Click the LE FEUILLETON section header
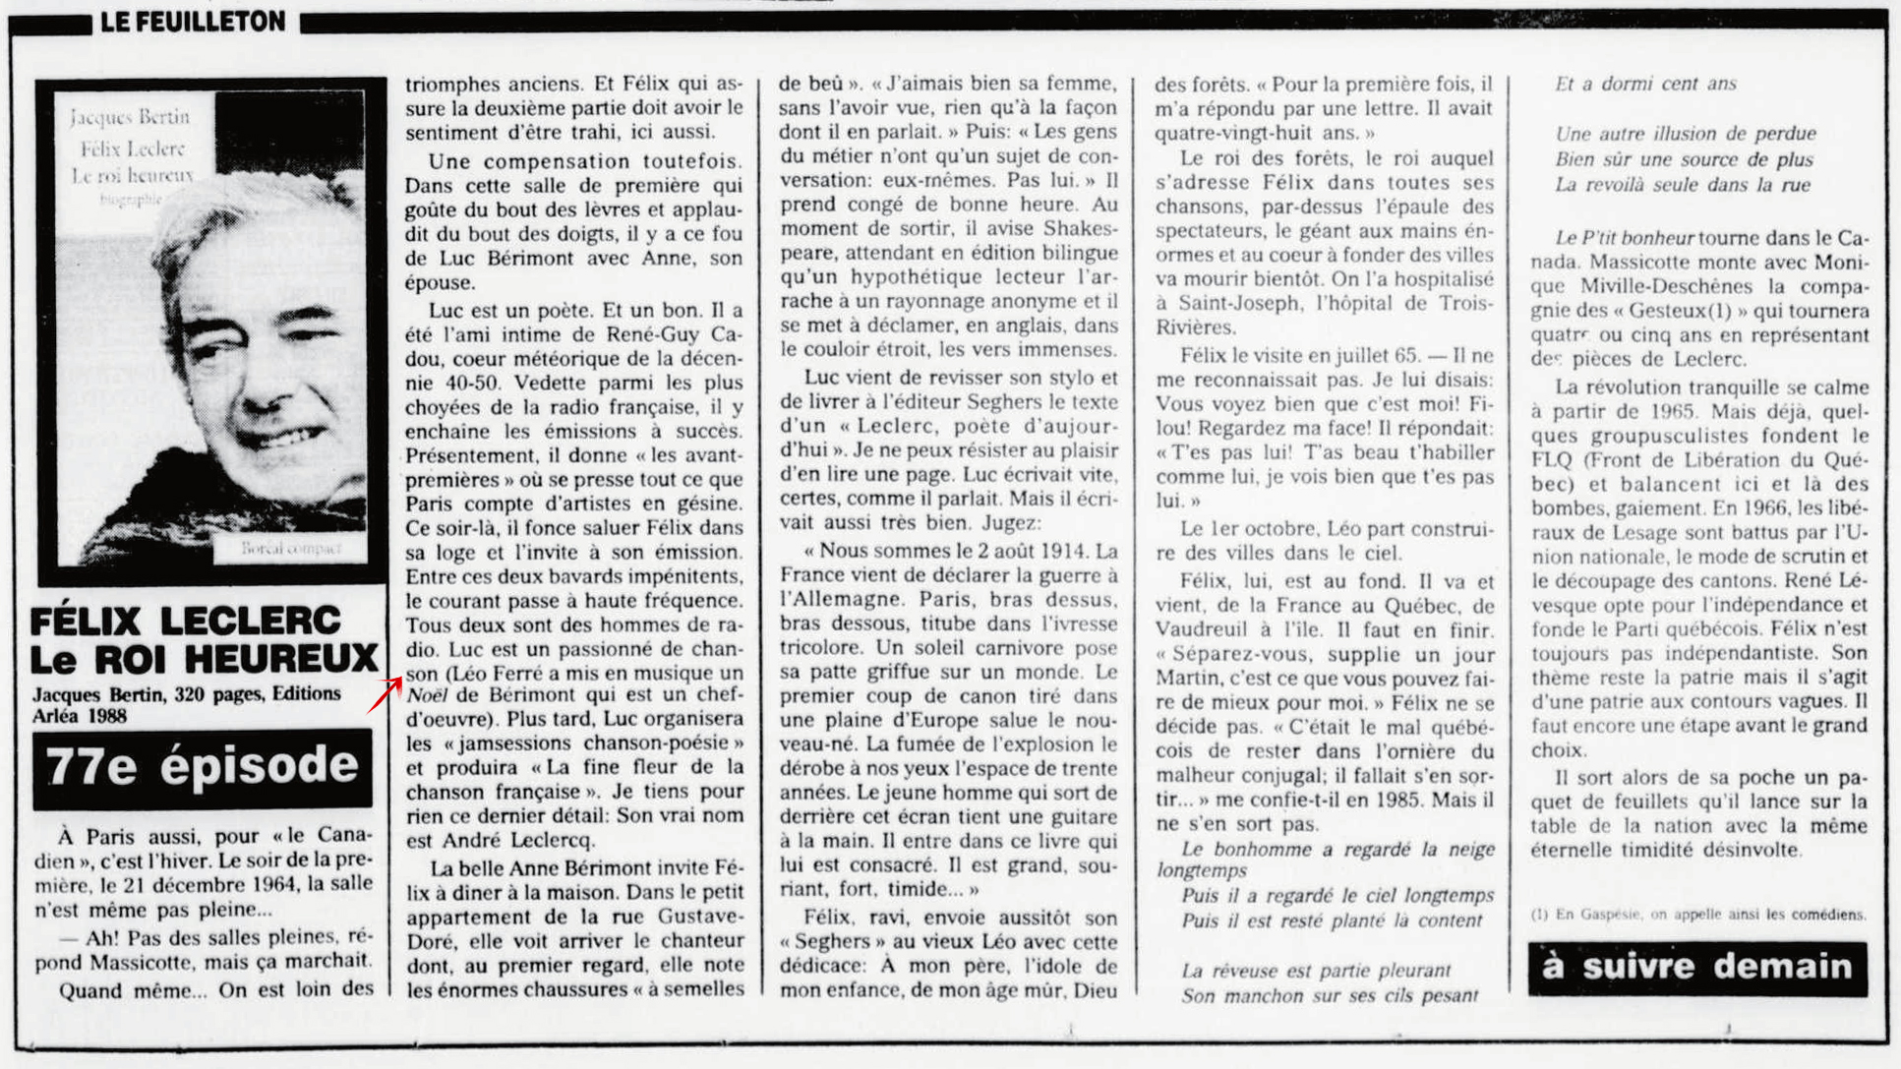tap(193, 21)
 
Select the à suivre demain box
tap(1697, 968)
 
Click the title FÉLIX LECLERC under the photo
tap(186, 621)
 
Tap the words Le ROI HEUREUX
tap(204, 659)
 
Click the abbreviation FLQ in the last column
tap(1553, 460)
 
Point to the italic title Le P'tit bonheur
tap(1625, 238)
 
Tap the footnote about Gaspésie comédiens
tap(1697, 915)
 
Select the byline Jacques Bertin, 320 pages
tap(187, 694)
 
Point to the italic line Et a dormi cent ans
tap(1645, 85)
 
